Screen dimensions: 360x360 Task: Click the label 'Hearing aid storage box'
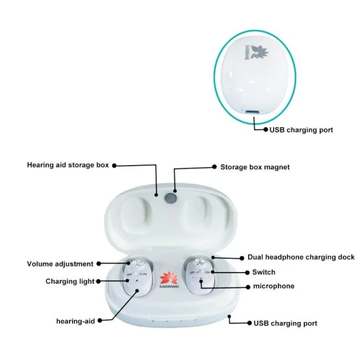pyautogui.click(x=68, y=165)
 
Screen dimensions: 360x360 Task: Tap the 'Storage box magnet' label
pyautogui.click(x=254, y=167)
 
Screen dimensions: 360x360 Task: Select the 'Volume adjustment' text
pyautogui.click(x=60, y=264)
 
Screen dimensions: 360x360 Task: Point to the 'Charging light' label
pyautogui.click(x=70, y=281)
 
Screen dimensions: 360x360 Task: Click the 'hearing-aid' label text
pyautogui.click(x=74, y=320)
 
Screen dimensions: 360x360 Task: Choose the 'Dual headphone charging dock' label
pyautogui.click(x=301, y=257)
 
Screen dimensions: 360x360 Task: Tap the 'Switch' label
pyautogui.click(x=263, y=272)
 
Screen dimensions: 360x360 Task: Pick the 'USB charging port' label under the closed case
pyautogui.click(x=301, y=130)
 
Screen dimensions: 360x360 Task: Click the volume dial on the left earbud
pyautogui.click(x=138, y=263)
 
